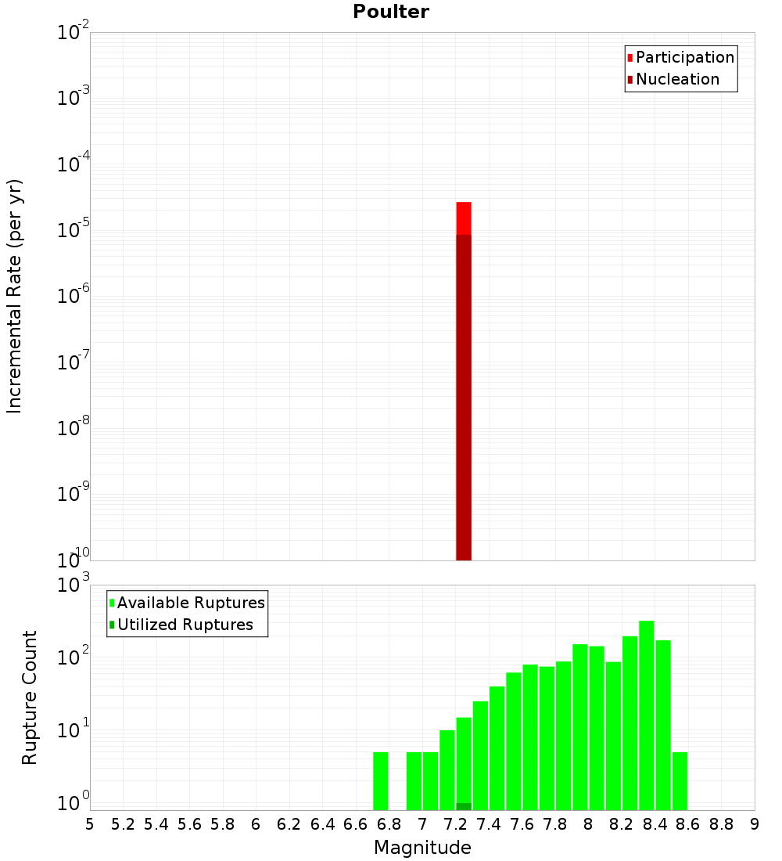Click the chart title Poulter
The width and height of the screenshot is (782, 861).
tap(391, 12)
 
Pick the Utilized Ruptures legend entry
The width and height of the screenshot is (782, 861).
tap(184, 625)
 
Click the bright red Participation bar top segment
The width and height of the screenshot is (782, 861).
tap(464, 218)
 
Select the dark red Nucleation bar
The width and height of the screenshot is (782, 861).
tap(464, 391)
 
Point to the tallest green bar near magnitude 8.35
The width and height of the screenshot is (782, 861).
tap(646, 712)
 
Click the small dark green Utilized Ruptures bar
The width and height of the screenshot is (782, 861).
tap(464, 806)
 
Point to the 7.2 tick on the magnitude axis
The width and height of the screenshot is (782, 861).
tap(455, 824)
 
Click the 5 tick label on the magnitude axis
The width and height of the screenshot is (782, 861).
tap(90, 824)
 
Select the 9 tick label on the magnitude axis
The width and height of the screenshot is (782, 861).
tap(754, 824)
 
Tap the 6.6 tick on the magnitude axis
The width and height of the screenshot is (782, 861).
tap(355, 824)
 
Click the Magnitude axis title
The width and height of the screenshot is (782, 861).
tap(422, 848)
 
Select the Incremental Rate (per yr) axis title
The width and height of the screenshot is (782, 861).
tap(15, 296)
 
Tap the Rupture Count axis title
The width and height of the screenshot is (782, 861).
tap(30, 697)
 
